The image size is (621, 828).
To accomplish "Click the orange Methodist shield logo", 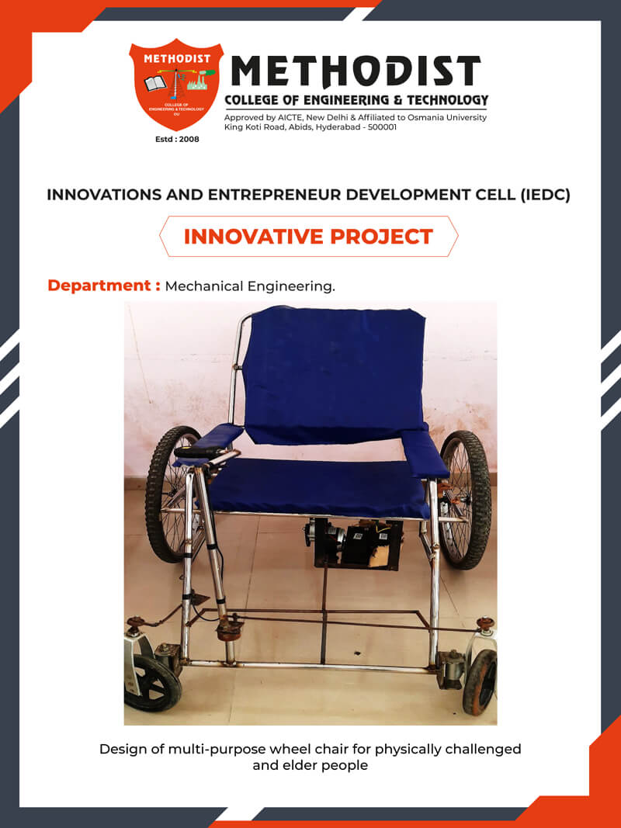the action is [176, 85].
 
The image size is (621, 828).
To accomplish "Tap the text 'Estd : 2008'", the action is [177, 140].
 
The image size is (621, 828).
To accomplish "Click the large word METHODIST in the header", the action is [356, 71].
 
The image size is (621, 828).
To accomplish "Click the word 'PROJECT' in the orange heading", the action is [382, 237].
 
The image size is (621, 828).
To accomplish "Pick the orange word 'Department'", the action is [99, 286].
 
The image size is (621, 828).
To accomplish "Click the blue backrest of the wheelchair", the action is [335, 374].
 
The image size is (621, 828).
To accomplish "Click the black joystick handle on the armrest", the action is [199, 452].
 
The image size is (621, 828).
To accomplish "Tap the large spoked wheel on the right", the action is [465, 500].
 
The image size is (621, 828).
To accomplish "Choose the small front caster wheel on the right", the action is [480, 682].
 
